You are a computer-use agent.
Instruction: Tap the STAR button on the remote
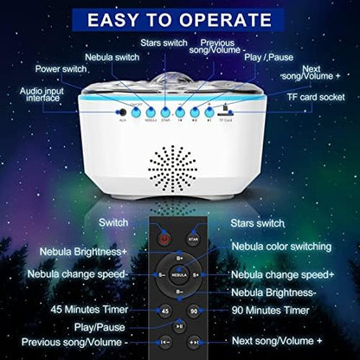[193, 236]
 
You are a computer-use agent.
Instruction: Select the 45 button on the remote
[165, 310]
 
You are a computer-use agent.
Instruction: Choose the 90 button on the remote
[193, 310]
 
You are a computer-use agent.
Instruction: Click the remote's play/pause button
[179, 326]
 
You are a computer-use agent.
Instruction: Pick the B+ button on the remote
[179, 257]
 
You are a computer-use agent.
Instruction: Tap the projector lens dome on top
[179, 82]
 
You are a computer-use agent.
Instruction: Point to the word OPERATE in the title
[232, 18]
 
